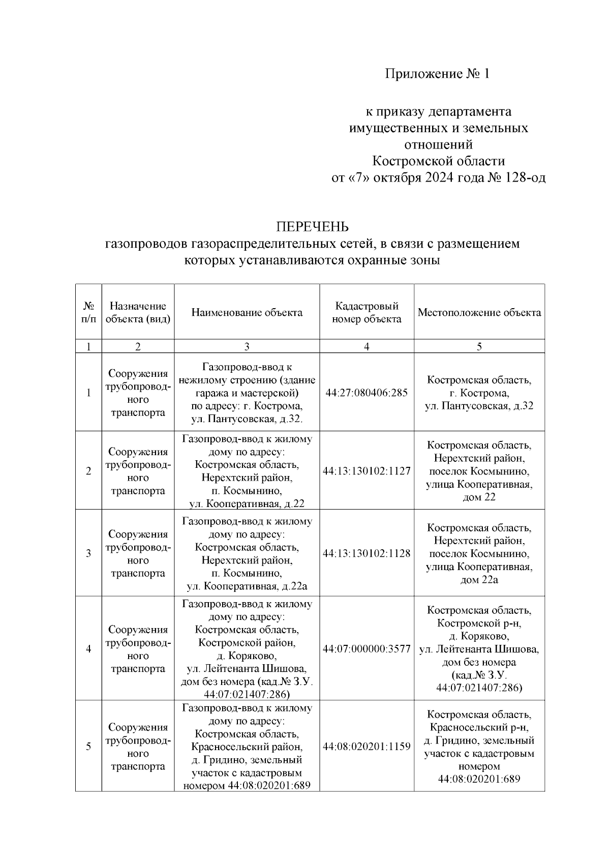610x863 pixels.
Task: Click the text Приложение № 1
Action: (437, 74)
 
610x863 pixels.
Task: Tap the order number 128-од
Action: (526, 178)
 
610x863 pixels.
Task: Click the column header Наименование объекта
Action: (247, 313)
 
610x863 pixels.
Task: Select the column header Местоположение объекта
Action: (479, 313)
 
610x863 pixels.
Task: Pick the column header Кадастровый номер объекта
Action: (367, 313)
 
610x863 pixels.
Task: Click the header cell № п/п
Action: (88, 313)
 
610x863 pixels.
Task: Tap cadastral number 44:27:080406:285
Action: (367, 393)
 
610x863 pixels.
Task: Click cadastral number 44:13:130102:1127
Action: (367, 471)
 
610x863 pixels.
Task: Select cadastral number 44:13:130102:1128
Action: (367, 553)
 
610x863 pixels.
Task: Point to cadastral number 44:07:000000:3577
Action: (367, 649)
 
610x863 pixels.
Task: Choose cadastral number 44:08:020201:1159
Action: (367, 747)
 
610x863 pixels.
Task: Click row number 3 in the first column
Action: (88, 553)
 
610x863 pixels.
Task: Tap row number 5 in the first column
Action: (88, 747)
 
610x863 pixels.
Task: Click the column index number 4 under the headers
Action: (367, 347)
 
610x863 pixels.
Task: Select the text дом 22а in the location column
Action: (479, 580)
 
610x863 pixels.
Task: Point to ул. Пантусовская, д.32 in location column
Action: (479, 406)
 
